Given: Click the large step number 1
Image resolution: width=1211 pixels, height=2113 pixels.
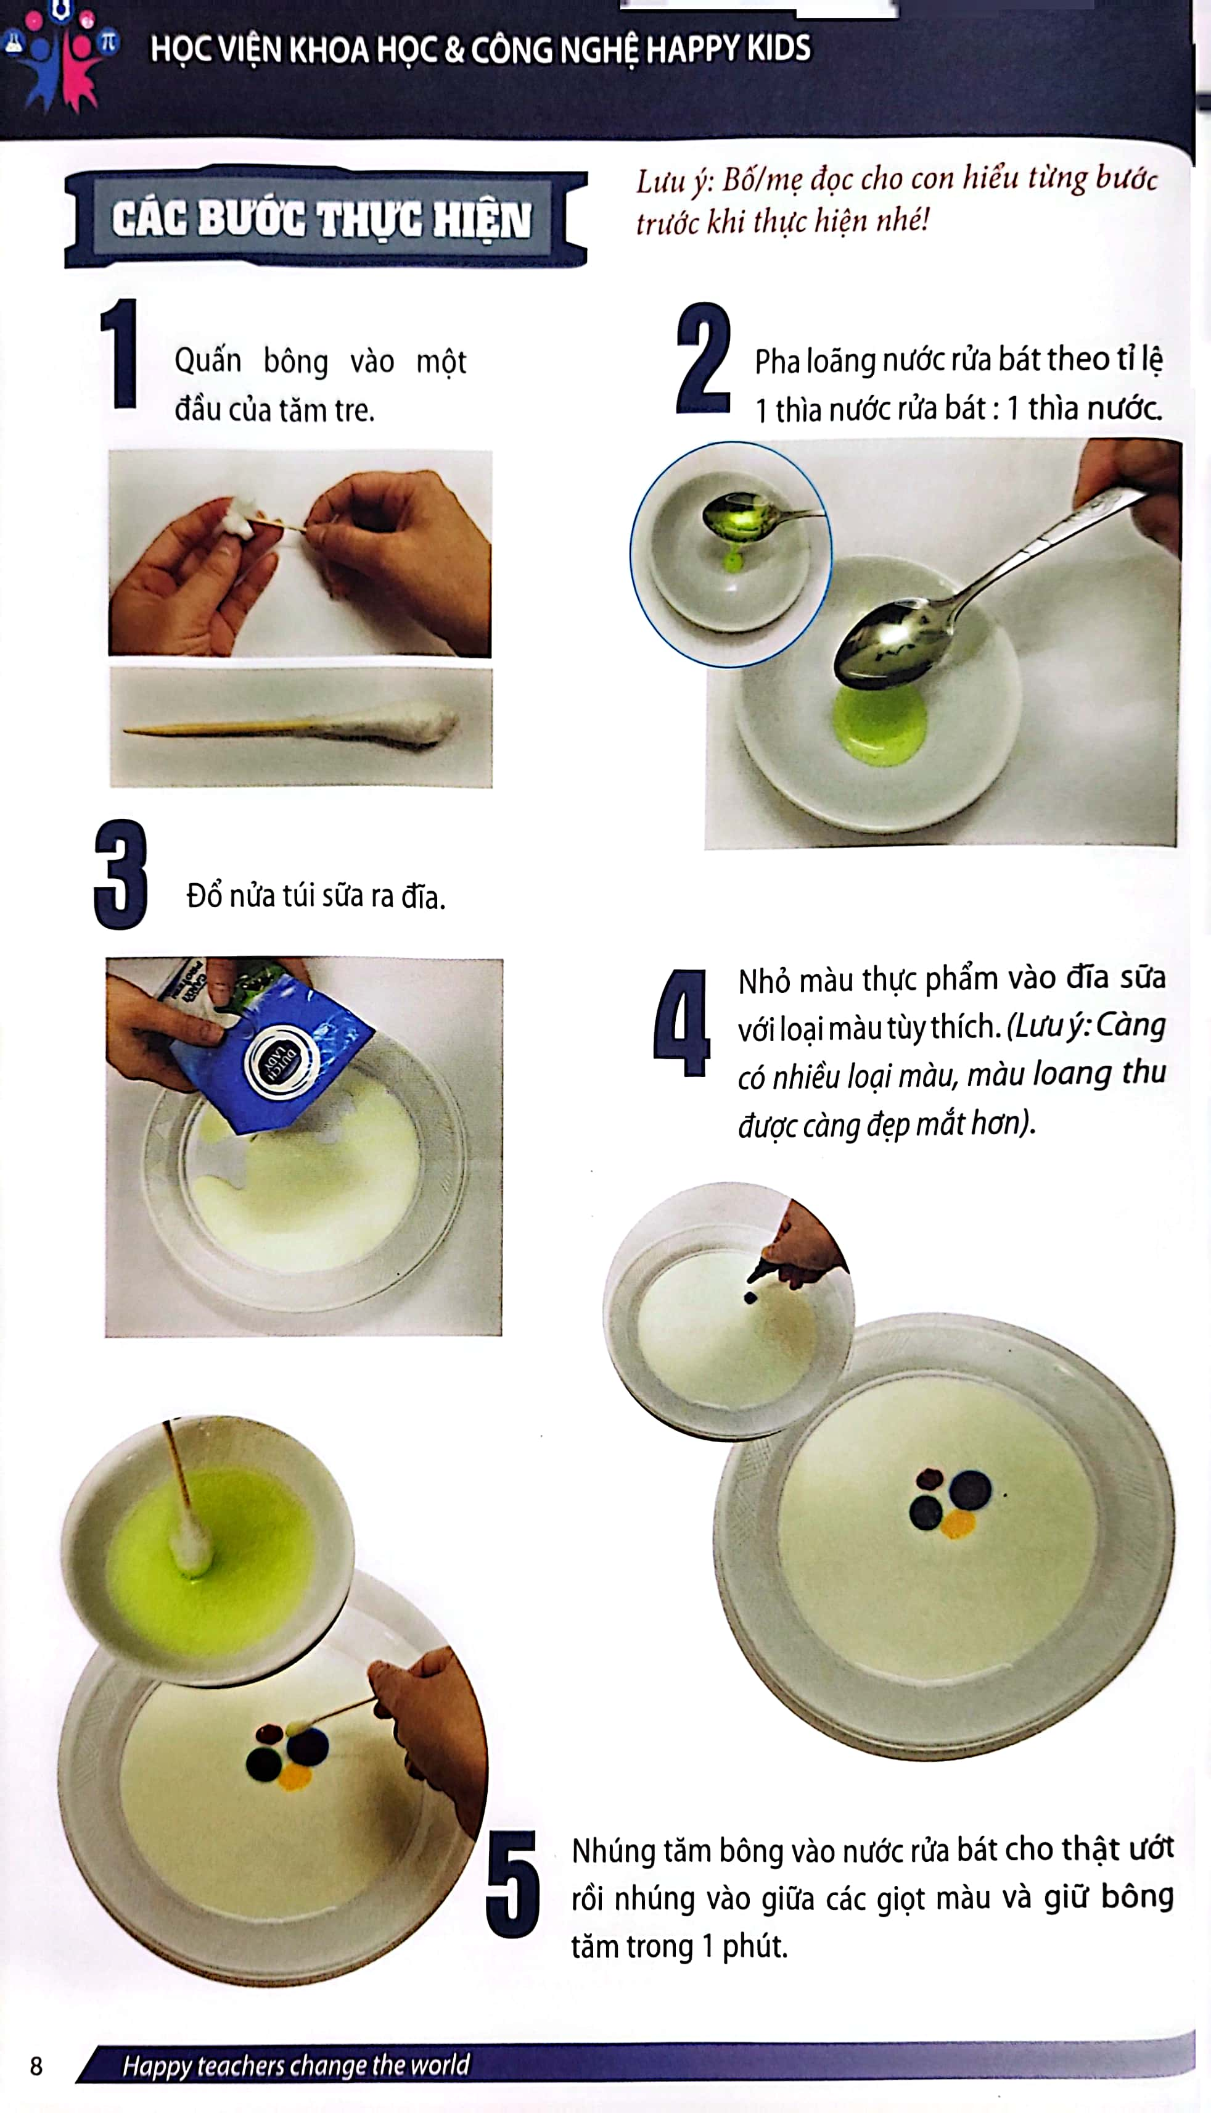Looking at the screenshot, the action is coord(119,353).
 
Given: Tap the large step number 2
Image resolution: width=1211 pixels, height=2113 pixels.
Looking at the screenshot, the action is coord(703,358).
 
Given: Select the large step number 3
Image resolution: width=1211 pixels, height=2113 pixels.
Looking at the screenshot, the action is coord(121,874).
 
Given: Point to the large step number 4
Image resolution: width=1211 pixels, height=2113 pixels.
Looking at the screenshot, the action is coord(681,1022).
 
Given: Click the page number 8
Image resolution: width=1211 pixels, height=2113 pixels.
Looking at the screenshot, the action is coord(36,2065).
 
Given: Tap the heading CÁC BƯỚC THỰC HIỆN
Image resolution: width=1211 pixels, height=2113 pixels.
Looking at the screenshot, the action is coord(322,219).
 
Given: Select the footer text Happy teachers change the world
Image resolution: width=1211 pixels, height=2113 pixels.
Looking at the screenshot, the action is coord(296,2065).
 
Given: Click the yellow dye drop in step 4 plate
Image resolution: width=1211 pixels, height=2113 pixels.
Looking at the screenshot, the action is coord(958,1524).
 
